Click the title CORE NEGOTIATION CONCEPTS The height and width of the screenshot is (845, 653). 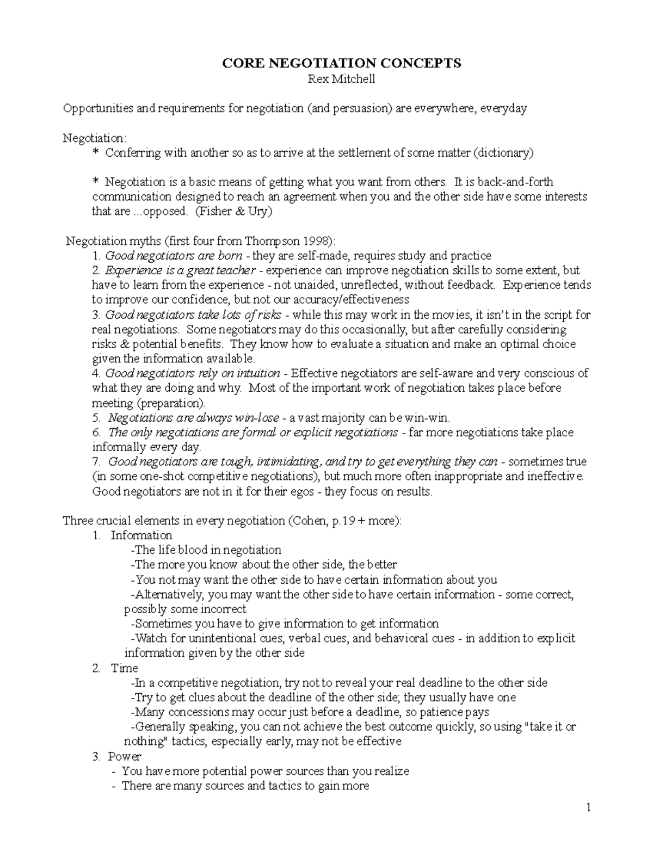click(x=341, y=64)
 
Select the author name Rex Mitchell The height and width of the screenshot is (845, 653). click(x=341, y=79)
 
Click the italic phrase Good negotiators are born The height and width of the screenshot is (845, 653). click(x=174, y=256)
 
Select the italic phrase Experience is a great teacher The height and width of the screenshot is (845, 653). click(x=180, y=270)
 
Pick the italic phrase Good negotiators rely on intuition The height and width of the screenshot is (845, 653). click(x=192, y=373)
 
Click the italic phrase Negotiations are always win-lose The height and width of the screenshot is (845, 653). click(x=193, y=418)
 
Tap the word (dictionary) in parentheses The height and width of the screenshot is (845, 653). click(x=503, y=153)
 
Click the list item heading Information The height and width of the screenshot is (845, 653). click(x=141, y=535)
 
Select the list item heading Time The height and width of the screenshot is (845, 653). click(x=125, y=668)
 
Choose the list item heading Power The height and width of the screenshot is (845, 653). click(x=125, y=756)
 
